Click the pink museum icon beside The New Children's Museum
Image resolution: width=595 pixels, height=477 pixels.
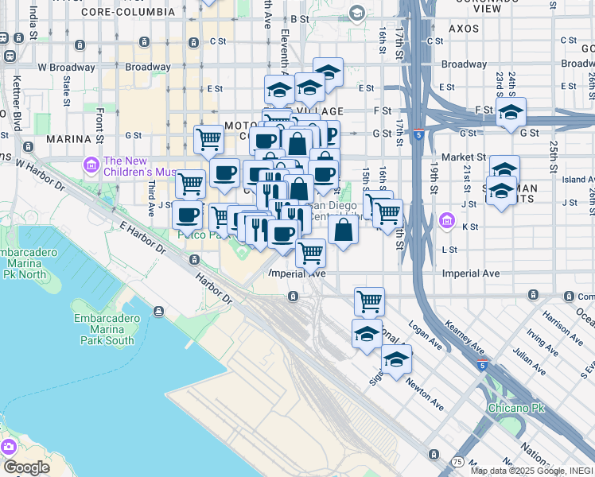[91, 166]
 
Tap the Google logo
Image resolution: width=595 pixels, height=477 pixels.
[26, 467]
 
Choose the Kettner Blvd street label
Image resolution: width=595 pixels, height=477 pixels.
[17, 103]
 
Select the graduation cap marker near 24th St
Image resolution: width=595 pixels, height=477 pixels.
[511, 112]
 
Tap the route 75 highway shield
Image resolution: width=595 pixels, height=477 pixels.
[457, 461]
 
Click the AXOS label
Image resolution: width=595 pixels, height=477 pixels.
[463, 28]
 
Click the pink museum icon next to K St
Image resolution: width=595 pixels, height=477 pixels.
[446, 220]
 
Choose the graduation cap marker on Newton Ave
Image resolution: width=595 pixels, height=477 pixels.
[396, 360]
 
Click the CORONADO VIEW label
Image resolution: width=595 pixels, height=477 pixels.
[503, 8]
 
